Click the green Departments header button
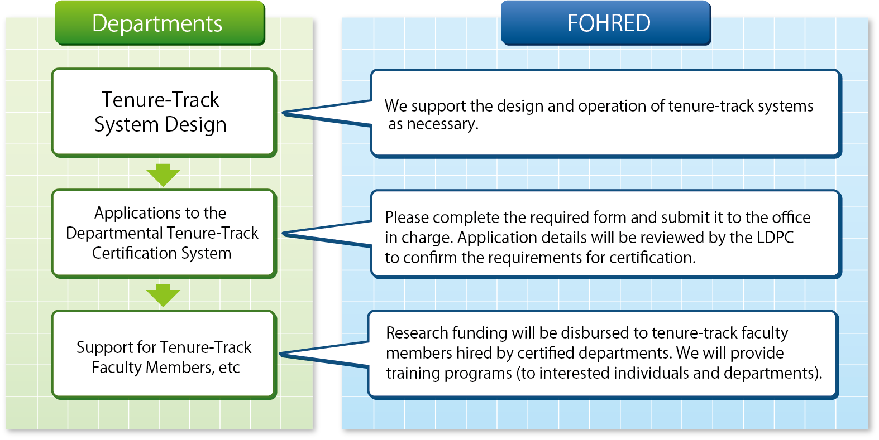coord(160,23)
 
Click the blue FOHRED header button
coord(606,23)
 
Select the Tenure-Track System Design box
coord(164,113)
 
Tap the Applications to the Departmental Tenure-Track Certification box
coord(164,234)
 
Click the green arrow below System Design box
coord(163,175)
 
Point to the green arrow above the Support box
coord(163,295)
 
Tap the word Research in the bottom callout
coord(417,333)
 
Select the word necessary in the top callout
coord(443,124)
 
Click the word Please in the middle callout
coord(407,217)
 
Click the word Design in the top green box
coord(195,125)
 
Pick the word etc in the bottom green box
coord(229,368)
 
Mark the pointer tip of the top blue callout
coord(283,113)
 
